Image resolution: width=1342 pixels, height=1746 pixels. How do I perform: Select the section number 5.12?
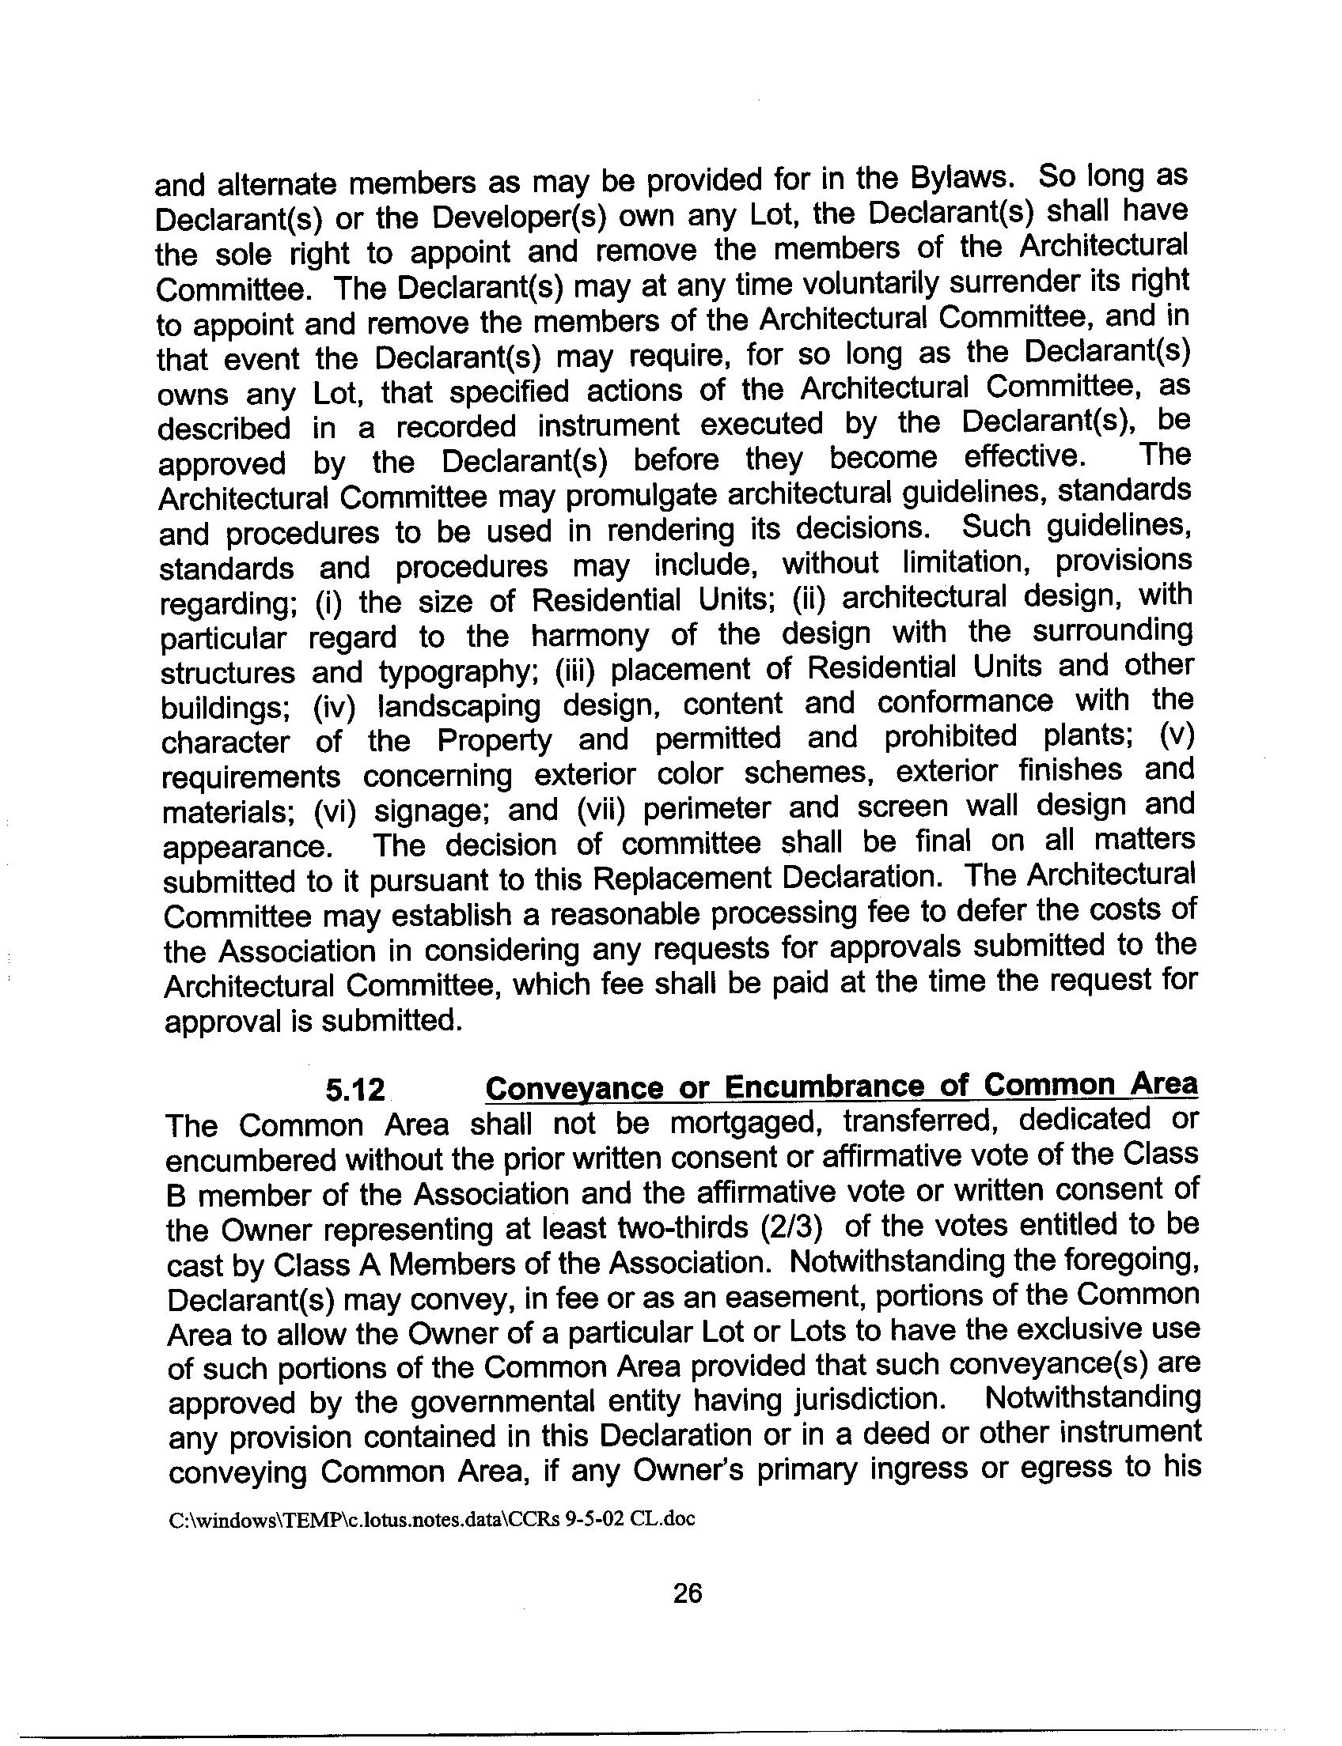[x=354, y=1090]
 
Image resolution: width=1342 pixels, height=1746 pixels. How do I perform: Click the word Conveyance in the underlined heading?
[x=575, y=1088]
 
